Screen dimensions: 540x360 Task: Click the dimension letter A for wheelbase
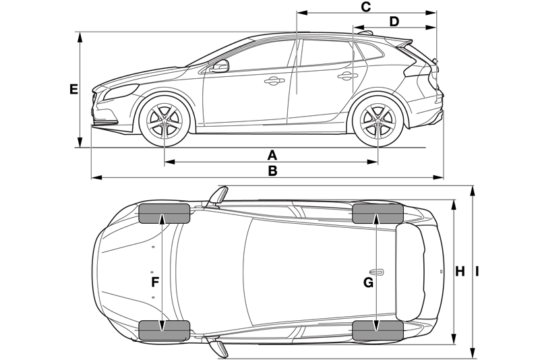[272, 155]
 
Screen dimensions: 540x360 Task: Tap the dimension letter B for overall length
[272, 171]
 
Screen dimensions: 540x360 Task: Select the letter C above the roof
[365, 7]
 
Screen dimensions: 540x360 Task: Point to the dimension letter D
[394, 22]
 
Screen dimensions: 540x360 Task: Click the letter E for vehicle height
[73, 89]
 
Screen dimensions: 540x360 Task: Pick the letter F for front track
[155, 282]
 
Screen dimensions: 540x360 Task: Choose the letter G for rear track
[368, 282]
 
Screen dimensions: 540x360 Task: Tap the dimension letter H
[460, 272]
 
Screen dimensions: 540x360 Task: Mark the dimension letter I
[477, 272]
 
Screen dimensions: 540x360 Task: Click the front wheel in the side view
[164, 121]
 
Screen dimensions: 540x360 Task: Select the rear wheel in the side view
[378, 121]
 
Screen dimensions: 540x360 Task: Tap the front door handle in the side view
[274, 81]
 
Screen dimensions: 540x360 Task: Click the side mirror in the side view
[219, 66]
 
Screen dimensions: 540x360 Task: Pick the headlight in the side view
[121, 92]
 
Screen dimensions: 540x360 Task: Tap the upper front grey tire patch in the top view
[164, 213]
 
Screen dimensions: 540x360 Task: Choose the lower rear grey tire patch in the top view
[378, 331]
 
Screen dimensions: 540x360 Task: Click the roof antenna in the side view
[366, 33]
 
